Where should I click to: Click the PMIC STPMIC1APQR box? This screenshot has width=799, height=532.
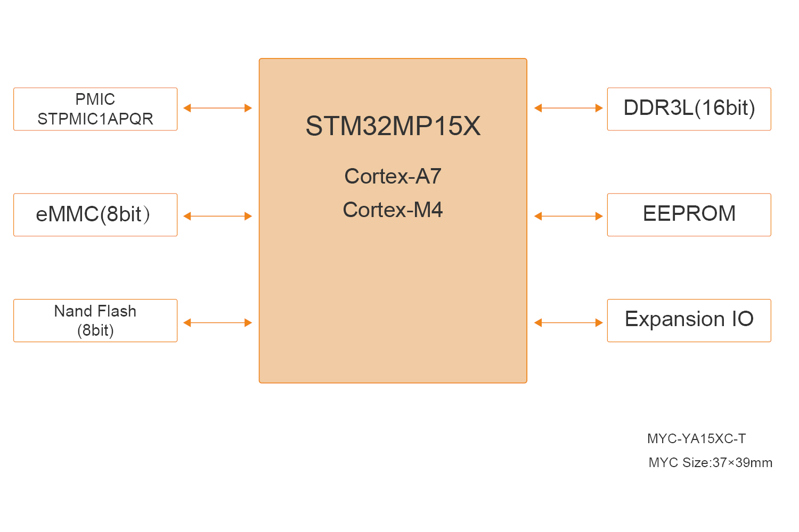[x=95, y=109]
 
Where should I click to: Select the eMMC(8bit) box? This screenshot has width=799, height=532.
[x=95, y=215]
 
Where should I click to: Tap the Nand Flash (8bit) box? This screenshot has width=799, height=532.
[x=95, y=320]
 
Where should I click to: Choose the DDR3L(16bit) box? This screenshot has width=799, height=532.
[x=689, y=109]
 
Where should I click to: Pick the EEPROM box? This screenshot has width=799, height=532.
[x=689, y=215]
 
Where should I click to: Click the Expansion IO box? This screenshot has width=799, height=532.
[x=689, y=320]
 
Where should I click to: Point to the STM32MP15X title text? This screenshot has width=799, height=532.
[x=393, y=126]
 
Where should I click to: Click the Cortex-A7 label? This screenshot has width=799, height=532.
[x=393, y=176]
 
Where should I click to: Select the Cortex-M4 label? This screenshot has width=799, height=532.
[x=393, y=210]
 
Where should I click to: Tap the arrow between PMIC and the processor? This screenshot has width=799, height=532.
[x=217, y=108]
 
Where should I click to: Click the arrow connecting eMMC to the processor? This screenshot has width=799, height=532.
[x=217, y=216]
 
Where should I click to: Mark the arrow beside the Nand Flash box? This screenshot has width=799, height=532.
[x=217, y=322]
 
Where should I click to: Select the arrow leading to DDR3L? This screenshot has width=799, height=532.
[x=568, y=108]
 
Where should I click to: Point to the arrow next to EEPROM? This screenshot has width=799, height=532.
[x=568, y=216]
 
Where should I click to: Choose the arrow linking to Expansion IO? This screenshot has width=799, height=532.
[x=568, y=322]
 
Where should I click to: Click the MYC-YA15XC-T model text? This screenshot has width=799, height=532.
[x=696, y=439]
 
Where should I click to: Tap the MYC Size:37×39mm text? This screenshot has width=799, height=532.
[x=710, y=463]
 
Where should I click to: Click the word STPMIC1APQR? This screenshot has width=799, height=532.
[x=95, y=119]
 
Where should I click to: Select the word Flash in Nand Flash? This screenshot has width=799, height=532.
[x=117, y=311]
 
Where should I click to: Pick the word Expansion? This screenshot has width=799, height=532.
[x=674, y=319]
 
